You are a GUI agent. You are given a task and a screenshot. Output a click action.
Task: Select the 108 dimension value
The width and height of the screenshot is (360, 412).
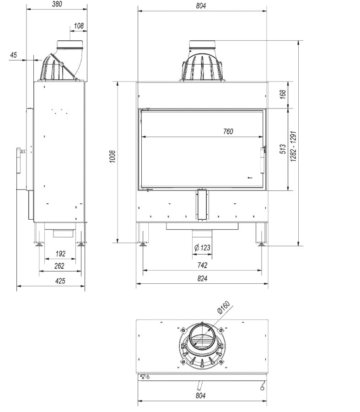pos(78,26)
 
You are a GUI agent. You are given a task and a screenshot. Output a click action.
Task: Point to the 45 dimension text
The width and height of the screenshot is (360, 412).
pos(13,55)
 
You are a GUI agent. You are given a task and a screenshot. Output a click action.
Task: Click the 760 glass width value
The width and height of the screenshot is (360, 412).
pos(228,132)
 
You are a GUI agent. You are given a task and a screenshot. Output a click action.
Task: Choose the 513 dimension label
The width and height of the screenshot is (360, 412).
pos(282,149)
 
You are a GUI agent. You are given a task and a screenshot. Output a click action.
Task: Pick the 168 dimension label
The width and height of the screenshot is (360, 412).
pos(282,94)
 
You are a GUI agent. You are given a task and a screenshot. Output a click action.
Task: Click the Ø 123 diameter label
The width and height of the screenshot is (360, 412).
pos(202,248)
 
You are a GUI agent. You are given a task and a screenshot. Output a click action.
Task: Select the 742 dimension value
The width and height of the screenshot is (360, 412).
pos(202,265)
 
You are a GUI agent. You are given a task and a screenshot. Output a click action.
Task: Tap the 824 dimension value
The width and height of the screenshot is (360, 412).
pos(202,279)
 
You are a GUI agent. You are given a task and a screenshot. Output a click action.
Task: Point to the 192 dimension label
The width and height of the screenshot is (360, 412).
pos(60,253)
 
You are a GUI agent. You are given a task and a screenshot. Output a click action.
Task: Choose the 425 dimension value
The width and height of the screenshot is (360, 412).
pos(60,282)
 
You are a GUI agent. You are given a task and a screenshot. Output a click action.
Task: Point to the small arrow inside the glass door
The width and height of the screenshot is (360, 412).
pos(249,178)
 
